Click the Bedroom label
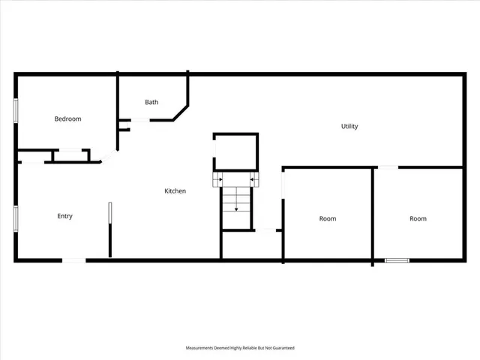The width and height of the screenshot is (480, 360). [x=67, y=119]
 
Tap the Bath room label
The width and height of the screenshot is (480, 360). [x=151, y=102]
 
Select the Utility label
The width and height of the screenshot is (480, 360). [x=349, y=127]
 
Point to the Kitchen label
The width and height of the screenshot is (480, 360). [x=175, y=191]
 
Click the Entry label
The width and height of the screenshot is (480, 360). [x=65, y=217]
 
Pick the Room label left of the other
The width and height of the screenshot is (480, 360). [x=328, y=219]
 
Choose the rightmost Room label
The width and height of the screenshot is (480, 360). [x=418, y=219]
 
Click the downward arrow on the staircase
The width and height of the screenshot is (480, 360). [x=236, y=201]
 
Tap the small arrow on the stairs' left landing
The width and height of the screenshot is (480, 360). [x=218, y=180]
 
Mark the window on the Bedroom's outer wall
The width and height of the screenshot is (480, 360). [x=16, y=109]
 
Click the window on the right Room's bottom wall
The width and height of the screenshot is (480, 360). [x=397, y=260]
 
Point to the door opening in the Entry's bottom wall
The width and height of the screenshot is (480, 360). [x=73, y=260]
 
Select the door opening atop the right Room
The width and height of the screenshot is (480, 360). [x=387, y=167]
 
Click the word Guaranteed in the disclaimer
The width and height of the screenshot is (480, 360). [x=281, y=348]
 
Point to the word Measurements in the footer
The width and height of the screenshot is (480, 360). [x=202, y=348]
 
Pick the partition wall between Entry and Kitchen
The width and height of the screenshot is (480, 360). [x=110, y=229]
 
